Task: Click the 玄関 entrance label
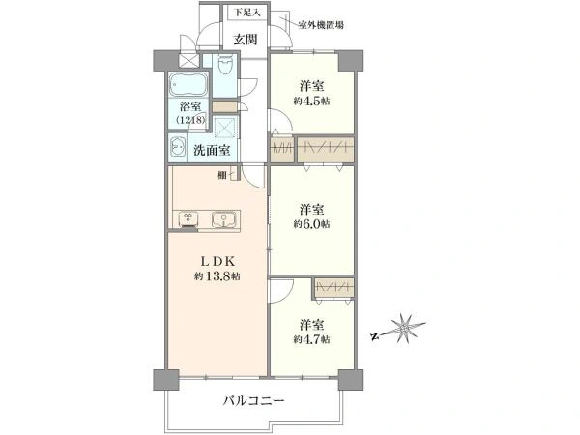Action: click(x=246, y=40)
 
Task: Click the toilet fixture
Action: click(x=225, y=66)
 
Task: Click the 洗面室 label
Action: click(x=211, y=150)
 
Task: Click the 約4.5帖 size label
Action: click(x=310, y=100)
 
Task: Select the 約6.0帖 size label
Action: click(x=311, y=224)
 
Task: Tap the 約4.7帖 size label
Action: click(x=311, y=339)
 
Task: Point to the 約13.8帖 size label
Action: click(x=217, y=276)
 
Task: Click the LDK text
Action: click(x=217, y=260)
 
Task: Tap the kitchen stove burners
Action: click(x=187, y=218)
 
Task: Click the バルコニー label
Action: click(x=253, y=400)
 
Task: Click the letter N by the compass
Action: click(x=373, y=338)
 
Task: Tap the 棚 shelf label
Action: click(x=222, y=174)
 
